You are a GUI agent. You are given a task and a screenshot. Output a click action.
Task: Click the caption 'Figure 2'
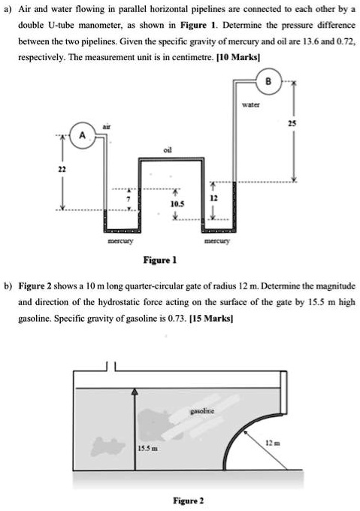[184, 500]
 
